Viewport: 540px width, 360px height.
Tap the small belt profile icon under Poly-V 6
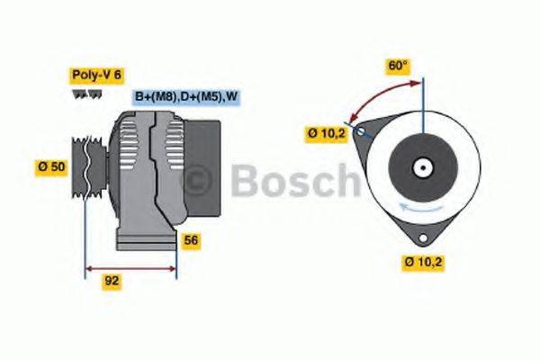(x=82, y=94)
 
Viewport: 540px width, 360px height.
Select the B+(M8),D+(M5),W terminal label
(x=187, y=96)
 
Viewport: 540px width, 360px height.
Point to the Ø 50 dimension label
(x=52, y=167)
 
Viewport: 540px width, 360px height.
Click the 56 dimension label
(x=191, y=240)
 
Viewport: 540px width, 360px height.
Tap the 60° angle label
(x=397, y=65)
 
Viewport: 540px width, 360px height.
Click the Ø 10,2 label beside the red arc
(x=326, y=134)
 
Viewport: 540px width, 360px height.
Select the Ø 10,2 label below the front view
(x=424, y=263)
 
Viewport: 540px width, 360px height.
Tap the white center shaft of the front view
(x=420, y=167)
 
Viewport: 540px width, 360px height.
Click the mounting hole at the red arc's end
(x=360, y=131)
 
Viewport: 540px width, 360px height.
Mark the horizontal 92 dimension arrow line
(x=130, y=267)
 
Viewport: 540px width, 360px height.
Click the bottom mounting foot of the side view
(x=146, y=240)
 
